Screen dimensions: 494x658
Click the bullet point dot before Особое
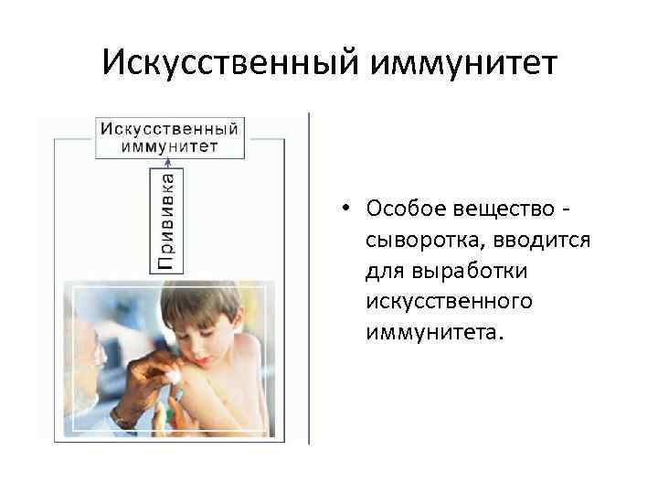click(348, 208)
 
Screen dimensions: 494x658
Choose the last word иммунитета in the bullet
click(434, 330)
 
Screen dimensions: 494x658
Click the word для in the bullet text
click(382, 270)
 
